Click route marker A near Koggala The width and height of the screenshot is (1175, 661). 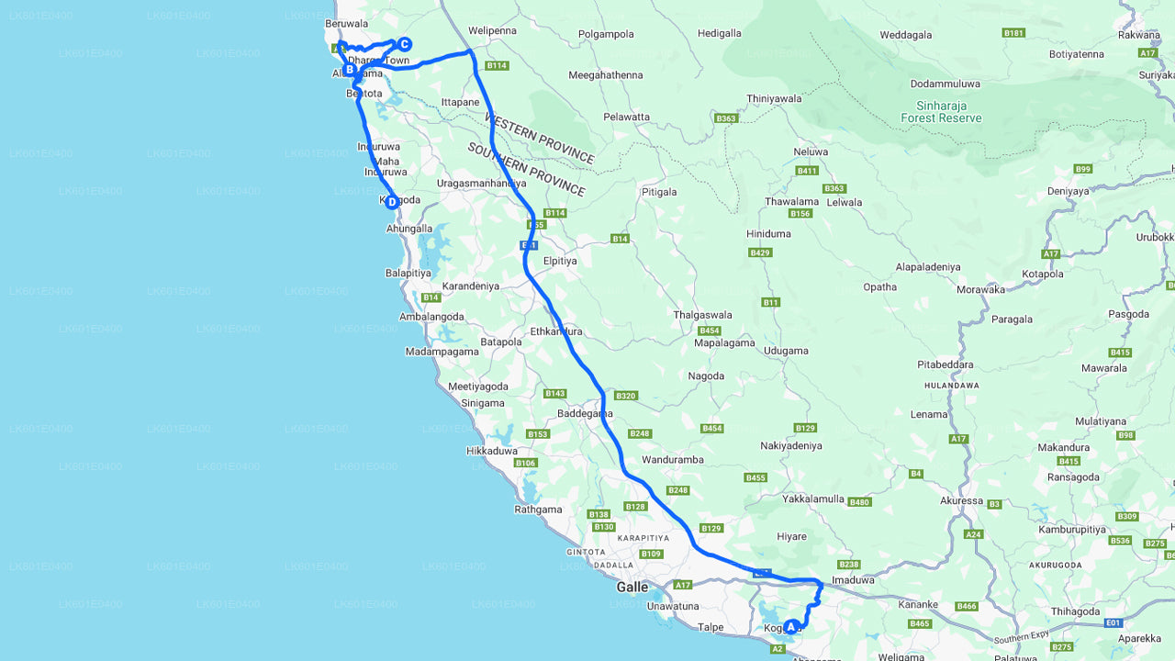pyautogui.click(x=791, y=627)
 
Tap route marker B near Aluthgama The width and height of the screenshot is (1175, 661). pyautogui.click(x=350, y=69)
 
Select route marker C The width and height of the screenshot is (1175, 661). pyautogui.click(x=404, y=44)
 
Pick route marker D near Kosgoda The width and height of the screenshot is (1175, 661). pyautogui.click(x=392, y=202)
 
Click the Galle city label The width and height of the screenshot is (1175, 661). pyautogui.click(x=632, y=587)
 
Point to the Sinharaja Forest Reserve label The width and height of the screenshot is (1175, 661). pyautogui.click(x=941, y=112)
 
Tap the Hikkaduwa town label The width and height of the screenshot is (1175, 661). pyautogui.click(x=492, y=451)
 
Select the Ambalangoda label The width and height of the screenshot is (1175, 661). pyautogui.click(x=431, y=317)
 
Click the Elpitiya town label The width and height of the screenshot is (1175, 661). pyautogui.click(x=560, y=261)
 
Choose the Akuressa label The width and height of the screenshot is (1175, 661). pyautogui.click(x=961, y=501)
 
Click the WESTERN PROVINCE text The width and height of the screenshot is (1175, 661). pyautogui.click(x=539, y=139)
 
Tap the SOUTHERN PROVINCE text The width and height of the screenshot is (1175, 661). pyautogui.click(x=526, y=169)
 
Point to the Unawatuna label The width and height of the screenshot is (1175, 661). pyautogui.click(x=673, y=606)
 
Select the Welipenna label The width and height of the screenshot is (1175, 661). pyautogui.click(x=492, y=30)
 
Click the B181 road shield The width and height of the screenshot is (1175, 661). pyautogui.click(x=1013, y=33)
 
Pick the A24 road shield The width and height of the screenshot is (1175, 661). pyautogui.click(x=973, y=534)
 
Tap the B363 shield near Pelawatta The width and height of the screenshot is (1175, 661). pyautogui.click(x=726, y=118)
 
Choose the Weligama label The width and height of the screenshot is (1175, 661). pyautogui.click(x=901, y=657)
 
